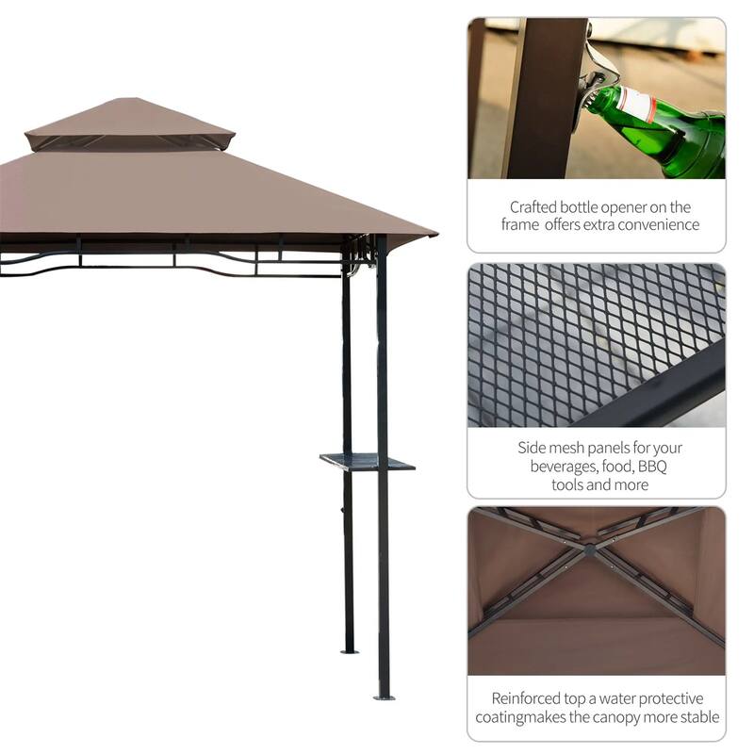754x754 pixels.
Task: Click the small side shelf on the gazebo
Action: click(x=367, y=462)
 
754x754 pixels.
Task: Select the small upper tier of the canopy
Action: click(x=130, y=123)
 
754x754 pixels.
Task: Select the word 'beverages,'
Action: click(x=564, y=467)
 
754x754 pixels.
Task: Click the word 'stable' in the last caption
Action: click(x=698, y=717)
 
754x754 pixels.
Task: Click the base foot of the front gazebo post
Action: click(x=384, y=696)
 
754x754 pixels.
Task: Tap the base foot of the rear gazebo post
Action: click(x=349, y=649)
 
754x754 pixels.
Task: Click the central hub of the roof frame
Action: click(x=589, y=546)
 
